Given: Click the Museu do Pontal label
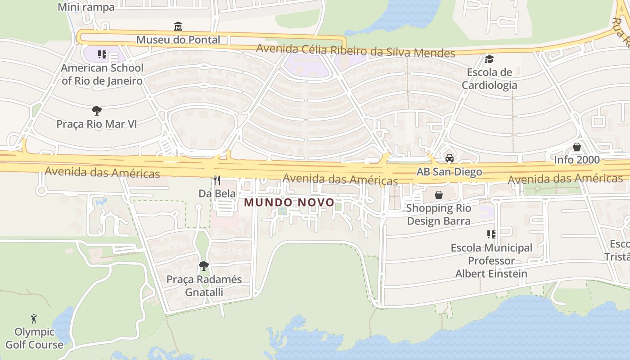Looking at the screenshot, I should pos(178,40).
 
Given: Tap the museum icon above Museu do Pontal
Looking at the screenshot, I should pos(178,26).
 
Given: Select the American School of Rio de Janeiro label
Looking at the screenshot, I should pos(102,74).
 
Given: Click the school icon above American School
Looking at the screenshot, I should pos(102,54).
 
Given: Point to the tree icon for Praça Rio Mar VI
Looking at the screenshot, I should pos(96,110).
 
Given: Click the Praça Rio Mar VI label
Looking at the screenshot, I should pos(96,124).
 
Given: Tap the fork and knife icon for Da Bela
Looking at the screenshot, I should pos(217,180).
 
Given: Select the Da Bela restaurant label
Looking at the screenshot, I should pos(217,193).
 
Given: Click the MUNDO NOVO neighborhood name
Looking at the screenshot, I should pos(289,202).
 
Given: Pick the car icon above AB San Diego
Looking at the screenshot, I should pos(449,158).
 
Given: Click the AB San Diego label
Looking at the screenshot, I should pos(449,171).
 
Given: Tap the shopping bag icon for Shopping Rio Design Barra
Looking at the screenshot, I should pos(438,195).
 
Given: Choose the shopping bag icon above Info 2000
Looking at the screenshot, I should pos(577,147).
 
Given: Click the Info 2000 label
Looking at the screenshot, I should pos(577,160).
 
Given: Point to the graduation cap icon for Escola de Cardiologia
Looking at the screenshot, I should pos(489,59).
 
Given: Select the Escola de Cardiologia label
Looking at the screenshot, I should pos(489,79).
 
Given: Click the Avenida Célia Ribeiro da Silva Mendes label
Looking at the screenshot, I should pos(355,50).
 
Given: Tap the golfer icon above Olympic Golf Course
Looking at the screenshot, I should pos(34,319).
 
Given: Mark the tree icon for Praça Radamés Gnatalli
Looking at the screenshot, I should pos(204,266).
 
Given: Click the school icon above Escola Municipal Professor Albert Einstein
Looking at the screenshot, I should pos(491,234).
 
